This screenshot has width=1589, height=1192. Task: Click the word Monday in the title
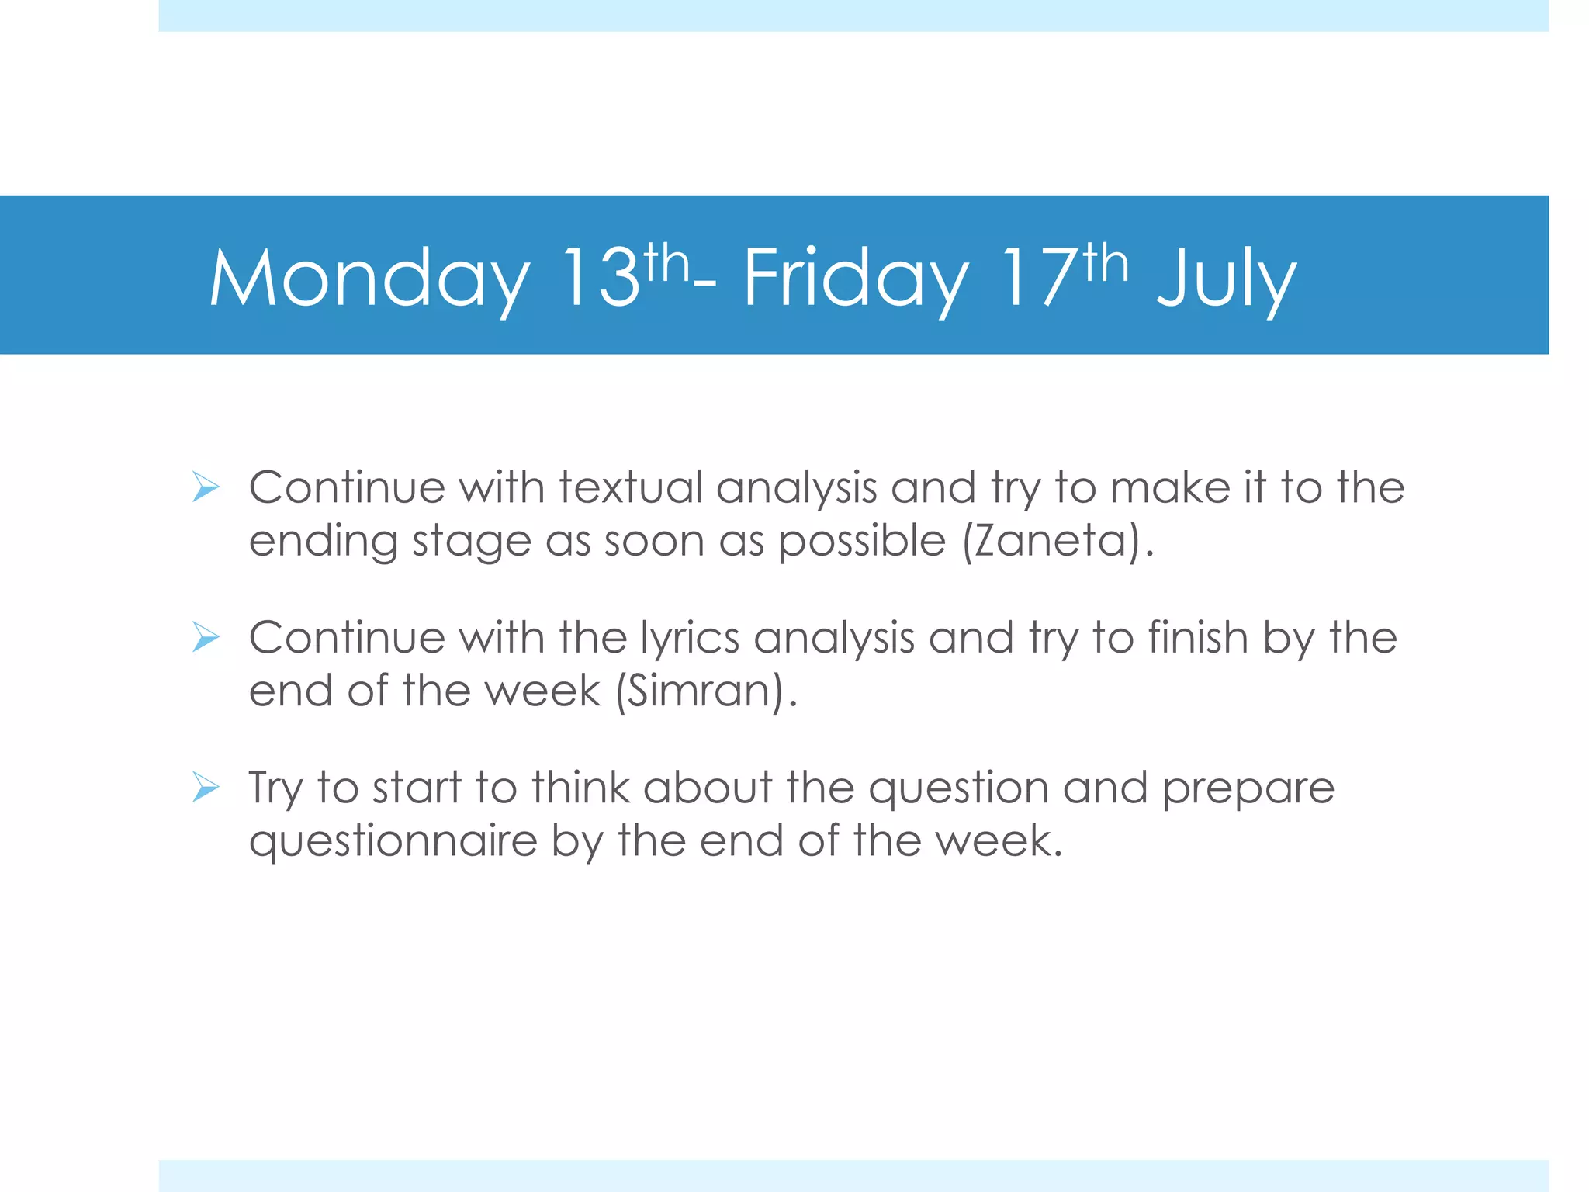[x=369, y=278]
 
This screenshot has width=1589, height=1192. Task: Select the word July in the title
[x=1226, y=278]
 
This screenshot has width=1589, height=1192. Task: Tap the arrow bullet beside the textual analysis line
[x=206, y=488]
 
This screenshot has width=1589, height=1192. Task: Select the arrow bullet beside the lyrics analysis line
[x=206, y=638]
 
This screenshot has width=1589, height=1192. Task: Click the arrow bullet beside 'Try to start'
[x=206, y=788]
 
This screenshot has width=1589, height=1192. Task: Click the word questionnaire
[x=393, y=841]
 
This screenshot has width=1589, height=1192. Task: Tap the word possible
[x=862, y=540]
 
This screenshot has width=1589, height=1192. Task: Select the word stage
[x=471, y=542]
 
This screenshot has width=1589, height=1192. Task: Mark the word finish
[x=1198, y=638]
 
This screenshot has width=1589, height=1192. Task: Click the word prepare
[x=1248, y=789]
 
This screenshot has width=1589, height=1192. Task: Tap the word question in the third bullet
[x=958, y=789]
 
